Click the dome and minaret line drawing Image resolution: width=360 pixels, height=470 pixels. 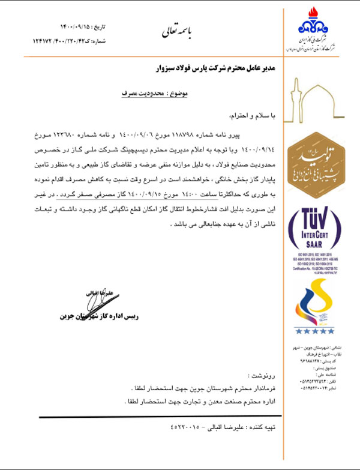coord(315,100)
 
